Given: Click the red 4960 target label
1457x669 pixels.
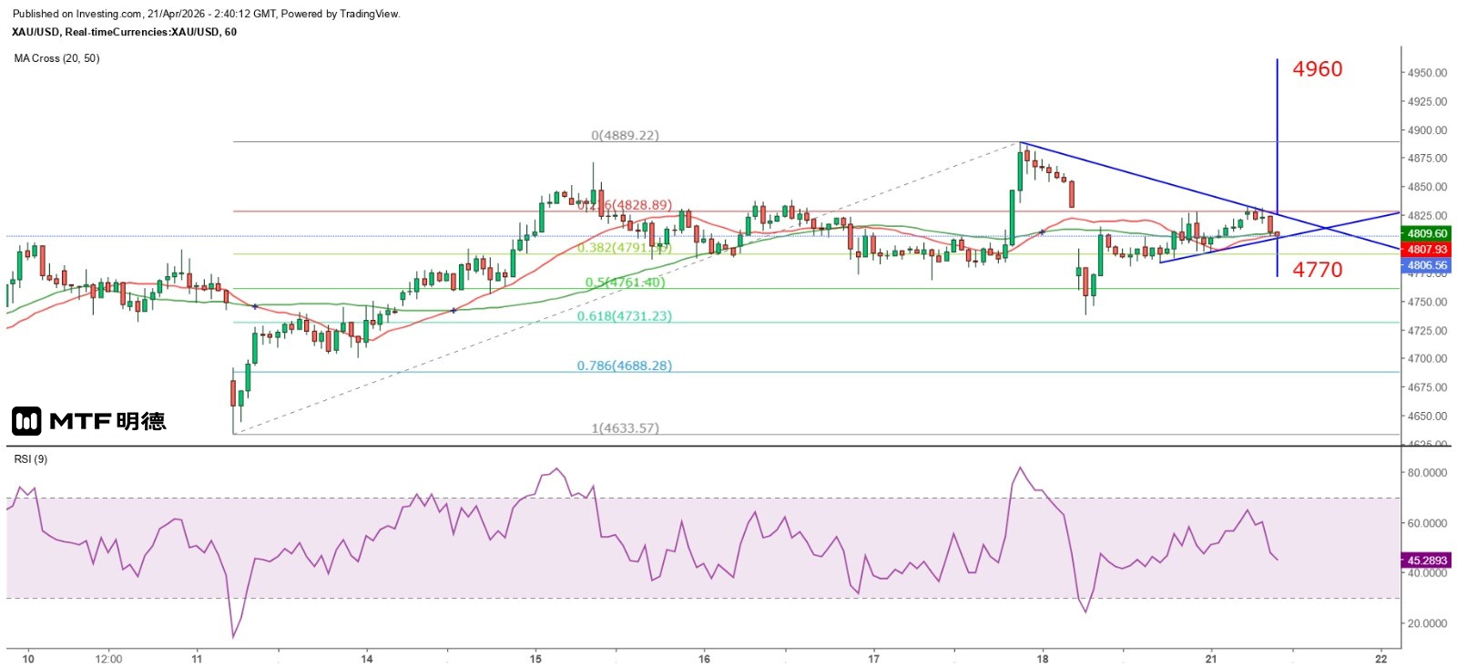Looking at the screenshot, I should (x=1317, y=69).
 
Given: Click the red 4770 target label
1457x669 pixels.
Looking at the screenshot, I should (x=1317, y=270).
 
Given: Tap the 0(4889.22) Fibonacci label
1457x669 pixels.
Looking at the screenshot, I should (x=625, y=135).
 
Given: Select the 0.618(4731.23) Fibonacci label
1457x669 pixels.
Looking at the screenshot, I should (x=624, y=316).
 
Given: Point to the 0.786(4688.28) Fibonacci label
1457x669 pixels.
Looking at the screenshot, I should (x=624, y=365).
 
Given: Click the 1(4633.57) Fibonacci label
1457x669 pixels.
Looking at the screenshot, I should (x=625, y=427).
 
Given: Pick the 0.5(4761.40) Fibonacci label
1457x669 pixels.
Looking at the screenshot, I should (x=625, y=283).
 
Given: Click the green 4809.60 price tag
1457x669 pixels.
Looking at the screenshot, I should (x=1427, y=233).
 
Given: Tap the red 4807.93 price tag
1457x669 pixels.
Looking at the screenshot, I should (x=1427, y=249).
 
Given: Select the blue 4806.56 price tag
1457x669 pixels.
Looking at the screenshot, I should (x=1427, y=265).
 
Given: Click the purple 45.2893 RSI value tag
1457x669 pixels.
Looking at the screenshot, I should (x=1427, y=560).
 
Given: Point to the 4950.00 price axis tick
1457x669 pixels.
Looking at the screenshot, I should (x=1427, y=73).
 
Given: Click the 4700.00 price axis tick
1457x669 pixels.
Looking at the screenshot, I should (x=1427, y=359).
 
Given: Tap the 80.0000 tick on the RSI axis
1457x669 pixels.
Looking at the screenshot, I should (x=1427, y=473).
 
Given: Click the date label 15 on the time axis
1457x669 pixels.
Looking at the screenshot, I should (x=535, y=658).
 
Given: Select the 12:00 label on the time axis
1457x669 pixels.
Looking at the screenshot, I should (x=108, y=658).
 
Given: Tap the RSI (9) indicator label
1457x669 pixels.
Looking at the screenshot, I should (x=31, y=458).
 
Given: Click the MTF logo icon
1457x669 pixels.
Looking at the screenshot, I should (x=26, y=420).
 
